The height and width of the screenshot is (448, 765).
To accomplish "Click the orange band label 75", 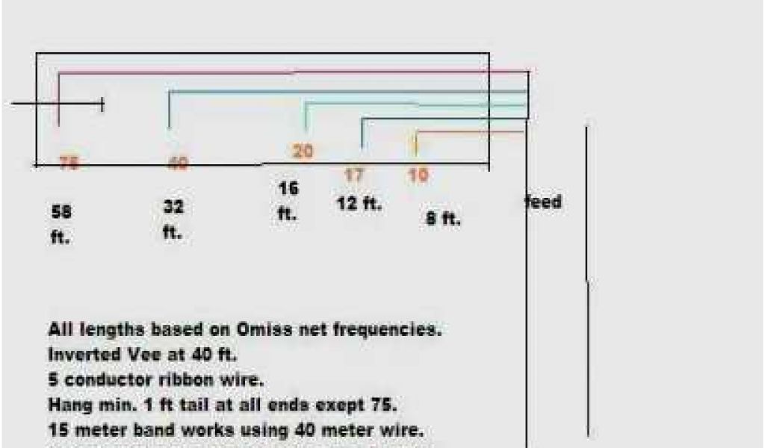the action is tap(68, 165).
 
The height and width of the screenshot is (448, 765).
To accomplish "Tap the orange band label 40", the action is tap(177, 164).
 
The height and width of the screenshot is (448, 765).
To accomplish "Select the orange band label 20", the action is tap(303, 152).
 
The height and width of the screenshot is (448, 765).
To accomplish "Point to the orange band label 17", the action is tap(354, 175).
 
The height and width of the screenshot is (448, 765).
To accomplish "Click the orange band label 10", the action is tap(418, 175).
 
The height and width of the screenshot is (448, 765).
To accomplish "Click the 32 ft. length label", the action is tap(173, 219).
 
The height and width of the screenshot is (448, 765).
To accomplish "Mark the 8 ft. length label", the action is tap(444, 220).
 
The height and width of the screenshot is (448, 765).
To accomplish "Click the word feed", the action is tap(544, 202).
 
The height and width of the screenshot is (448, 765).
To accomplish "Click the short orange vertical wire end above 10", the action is tap(416, 143).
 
